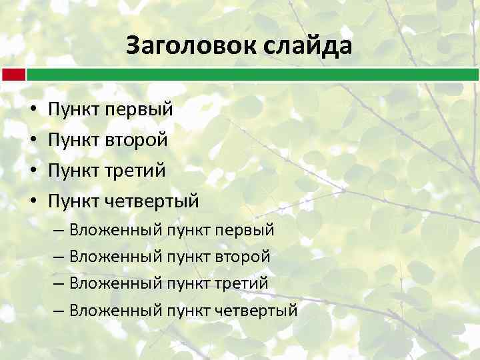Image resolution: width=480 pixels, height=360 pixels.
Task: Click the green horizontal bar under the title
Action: click(x=253, y=74)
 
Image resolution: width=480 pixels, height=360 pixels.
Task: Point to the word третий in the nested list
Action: click(x=241, y=284)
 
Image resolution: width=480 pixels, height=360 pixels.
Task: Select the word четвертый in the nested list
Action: click(x=256, y=311)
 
